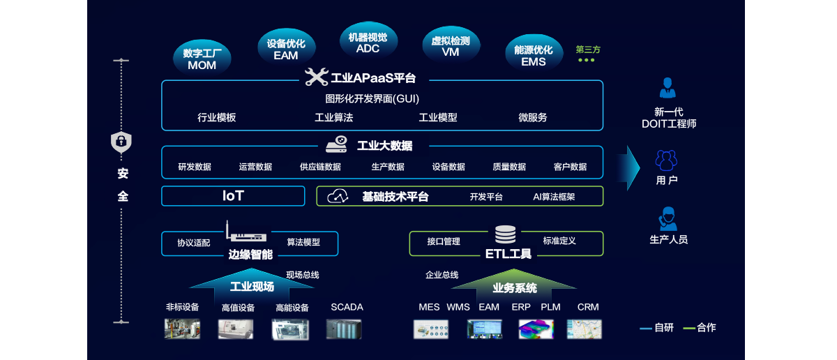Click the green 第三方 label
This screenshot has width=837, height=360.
587,50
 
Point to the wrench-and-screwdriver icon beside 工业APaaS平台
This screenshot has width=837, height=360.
317,77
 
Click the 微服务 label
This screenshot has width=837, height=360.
533,117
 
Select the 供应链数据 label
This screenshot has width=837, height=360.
320,167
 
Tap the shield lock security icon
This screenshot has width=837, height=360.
121,142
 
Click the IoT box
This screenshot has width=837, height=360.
233,196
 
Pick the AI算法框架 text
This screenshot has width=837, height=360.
554,197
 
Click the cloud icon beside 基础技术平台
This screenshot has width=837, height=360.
338,196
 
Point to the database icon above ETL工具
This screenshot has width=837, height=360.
505,235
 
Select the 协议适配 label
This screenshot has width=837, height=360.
193,243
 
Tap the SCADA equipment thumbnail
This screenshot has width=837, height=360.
344,329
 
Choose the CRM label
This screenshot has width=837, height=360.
588,307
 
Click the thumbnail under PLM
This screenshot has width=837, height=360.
536,329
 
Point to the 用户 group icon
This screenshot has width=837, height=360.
666,161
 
